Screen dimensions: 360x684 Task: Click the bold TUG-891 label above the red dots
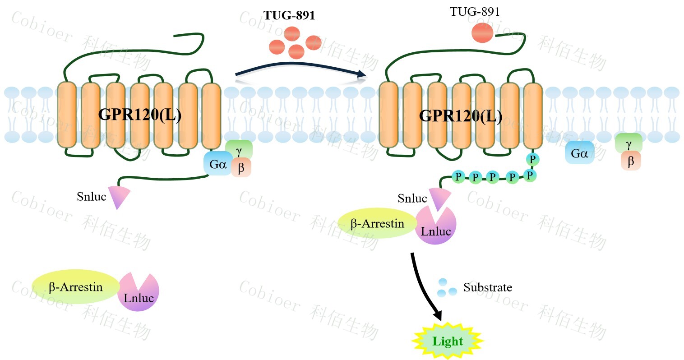pos(289,16)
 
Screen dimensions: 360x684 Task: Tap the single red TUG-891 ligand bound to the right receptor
pos(482,33)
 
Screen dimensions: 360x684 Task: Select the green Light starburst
pos(448,341)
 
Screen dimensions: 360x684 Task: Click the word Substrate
pos(488,287)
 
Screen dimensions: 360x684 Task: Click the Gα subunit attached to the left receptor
pos(218,164)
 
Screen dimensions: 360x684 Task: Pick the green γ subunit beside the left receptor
pos(239,149)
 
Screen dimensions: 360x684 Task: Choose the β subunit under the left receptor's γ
pos(241,168)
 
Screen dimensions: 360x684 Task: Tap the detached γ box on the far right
pos(629,143)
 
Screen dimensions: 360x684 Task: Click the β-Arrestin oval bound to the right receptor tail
pos(377,223)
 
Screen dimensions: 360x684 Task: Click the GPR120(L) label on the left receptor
pos(140,115)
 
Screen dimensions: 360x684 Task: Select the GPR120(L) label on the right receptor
pos(460,115)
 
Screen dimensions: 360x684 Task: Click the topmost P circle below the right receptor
pos(532,159)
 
